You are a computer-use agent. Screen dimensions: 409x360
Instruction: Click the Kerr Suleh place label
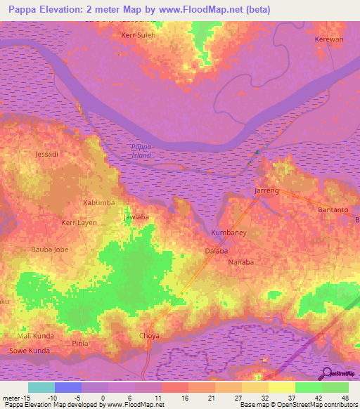(x=138, y=34)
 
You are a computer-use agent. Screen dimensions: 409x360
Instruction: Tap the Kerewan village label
(x=329, y=40)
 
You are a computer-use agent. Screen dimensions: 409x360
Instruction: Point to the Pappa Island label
(x=141, y=150)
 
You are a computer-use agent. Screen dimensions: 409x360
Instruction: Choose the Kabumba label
(x=98, y=203)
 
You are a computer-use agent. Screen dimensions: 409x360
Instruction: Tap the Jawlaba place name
(x=136, y=217)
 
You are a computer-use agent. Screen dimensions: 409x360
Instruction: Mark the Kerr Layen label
(x=79, y=223)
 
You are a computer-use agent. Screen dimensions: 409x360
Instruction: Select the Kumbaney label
(x=228, y=232)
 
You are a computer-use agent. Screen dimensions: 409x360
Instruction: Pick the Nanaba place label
(x=241, y=262)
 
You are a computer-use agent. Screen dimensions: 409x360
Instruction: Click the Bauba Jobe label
(x=50, y=249)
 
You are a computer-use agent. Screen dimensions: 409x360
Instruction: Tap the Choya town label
(x=150, y=336)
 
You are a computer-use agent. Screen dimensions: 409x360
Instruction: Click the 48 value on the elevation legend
(x=345, y=398)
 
